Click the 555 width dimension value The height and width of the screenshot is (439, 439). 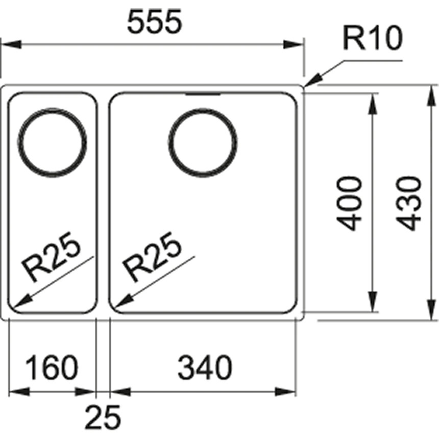click(155, 22)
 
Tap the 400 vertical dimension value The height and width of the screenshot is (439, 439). click(349, 204)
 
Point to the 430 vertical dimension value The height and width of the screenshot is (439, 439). click(409, 204)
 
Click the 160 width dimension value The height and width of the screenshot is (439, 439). click(52, 368)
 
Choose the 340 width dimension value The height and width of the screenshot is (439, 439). click(205, 368)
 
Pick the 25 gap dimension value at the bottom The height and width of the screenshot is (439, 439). click(103, 417)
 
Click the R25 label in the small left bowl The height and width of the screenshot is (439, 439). click(51, 256)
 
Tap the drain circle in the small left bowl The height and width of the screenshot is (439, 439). click(52, 109)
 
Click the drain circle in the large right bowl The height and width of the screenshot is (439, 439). click(203, 109)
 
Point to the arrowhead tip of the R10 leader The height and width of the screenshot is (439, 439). click(305, 86)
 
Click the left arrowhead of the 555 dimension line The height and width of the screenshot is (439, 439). click(2, 44)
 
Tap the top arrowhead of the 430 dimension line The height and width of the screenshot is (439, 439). click(430, 86)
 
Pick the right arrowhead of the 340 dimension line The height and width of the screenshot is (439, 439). click(296, 392)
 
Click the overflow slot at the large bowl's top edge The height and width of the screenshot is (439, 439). click(203, 94)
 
